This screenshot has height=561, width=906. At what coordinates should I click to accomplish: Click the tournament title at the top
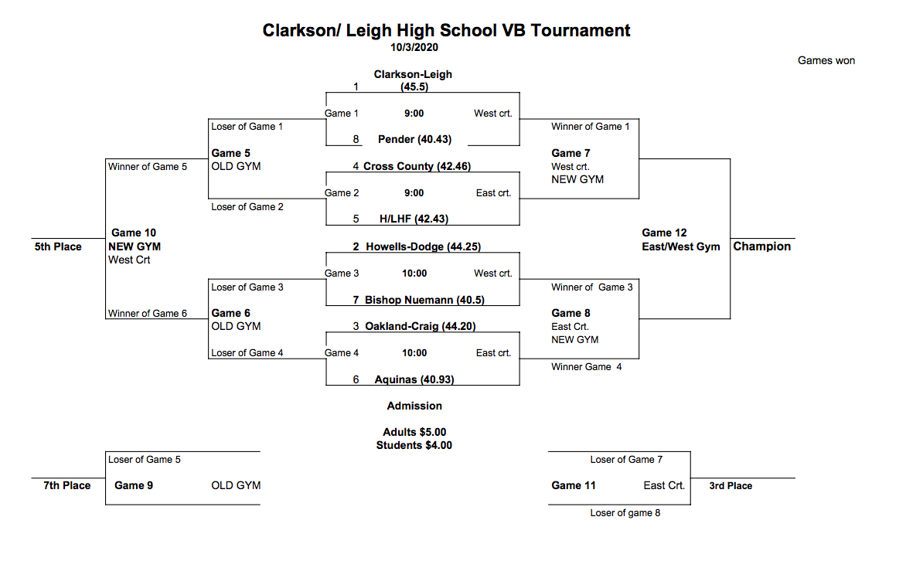pyautogui.click(x=446, y=31)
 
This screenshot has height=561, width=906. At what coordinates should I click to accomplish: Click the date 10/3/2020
pyautogui.click(x=414, y=48)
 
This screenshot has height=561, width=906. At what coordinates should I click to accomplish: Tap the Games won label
pyautogui.click(x=826, y=61)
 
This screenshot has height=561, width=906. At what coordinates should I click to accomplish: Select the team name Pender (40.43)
pyautogui.click(x=414, y=140)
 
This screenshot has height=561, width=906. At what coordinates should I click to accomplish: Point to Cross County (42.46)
pyautogui.click(x=417, y=166)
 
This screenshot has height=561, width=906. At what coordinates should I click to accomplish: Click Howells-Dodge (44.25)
pyautogui.click(x=424, y=246)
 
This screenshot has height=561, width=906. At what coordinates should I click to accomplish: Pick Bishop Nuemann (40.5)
pyautogui.click(x=424, y=300)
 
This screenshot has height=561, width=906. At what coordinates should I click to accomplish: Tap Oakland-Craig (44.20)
pyautogui.click(x=420, y=326)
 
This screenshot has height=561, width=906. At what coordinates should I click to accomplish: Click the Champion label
pyautogui.click(x=761, y=246)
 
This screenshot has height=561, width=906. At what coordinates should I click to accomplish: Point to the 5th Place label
pyautogui.click(x=58, y=247)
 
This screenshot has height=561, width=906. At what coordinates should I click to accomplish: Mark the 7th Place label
pyautogui.click(x=66, y=485)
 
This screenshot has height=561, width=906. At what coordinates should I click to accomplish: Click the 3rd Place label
pyautogui.click(x=731, y=486)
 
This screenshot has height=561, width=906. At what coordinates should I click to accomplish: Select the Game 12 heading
pyautogui.click(x=664, y=233)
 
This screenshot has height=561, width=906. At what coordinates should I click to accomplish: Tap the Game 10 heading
pyautogui.click(x=134, y=233)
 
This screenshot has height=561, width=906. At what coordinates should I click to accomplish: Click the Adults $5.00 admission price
pyautogui.click(x=414, y=432)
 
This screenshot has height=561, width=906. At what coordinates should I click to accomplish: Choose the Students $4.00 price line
pyautogui.click(x=414, y=445)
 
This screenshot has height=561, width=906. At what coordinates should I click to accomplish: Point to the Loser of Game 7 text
pyautogui.click(x=626, y=460)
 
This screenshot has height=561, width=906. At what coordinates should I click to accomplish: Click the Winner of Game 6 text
pyautogui.click(x=148, y=314)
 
